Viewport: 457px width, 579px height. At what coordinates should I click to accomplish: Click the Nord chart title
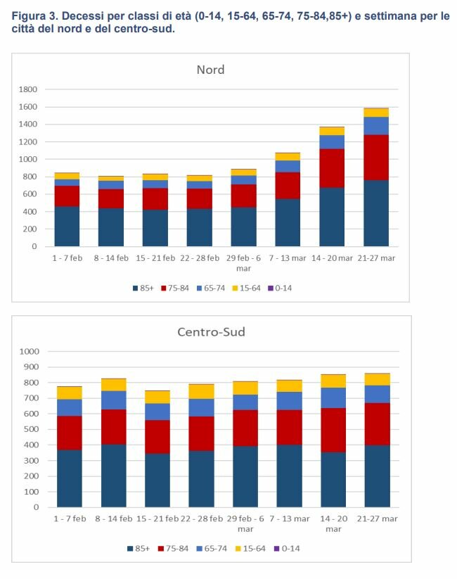210,70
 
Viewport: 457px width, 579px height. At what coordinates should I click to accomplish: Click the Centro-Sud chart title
211,331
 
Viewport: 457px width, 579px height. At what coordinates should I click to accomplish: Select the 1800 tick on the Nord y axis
28,89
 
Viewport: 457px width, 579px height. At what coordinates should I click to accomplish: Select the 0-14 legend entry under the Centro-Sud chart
286,547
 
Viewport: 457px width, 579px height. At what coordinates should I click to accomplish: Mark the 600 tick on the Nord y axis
31,194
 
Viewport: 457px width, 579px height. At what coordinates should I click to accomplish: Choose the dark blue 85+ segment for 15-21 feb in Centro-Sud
157,481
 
